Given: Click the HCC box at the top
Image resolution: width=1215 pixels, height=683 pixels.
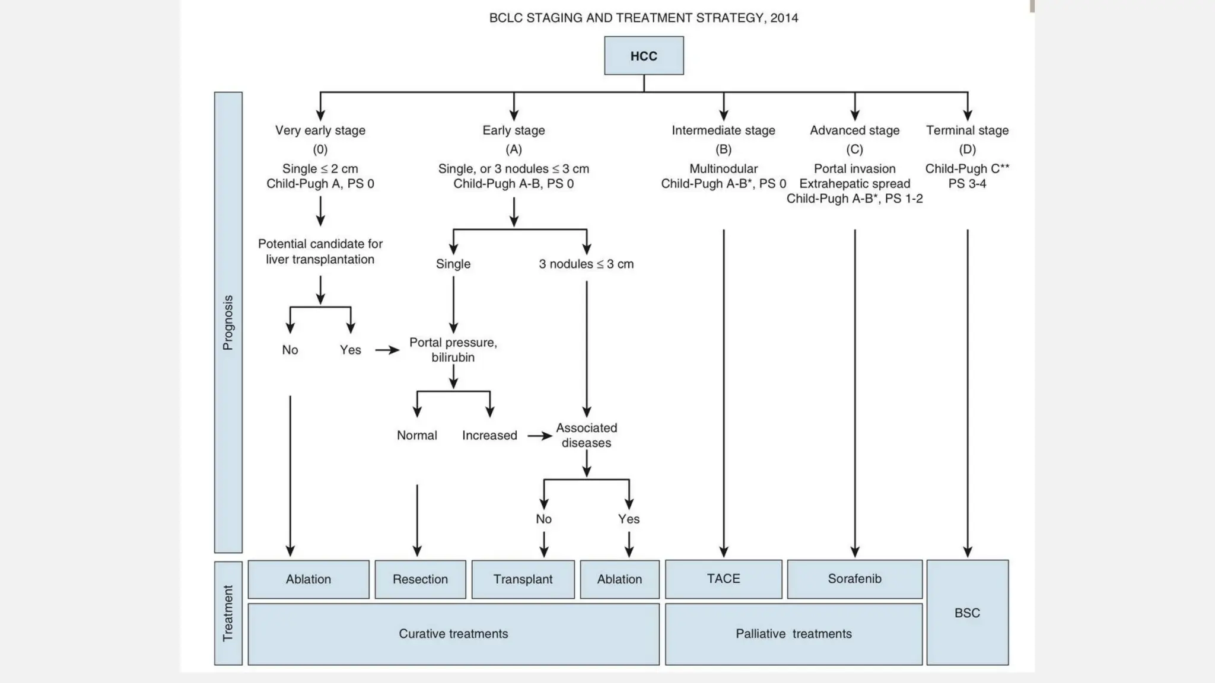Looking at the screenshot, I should (x=644, y=56).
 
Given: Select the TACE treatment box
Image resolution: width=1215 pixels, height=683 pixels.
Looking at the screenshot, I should (x=723, y=579).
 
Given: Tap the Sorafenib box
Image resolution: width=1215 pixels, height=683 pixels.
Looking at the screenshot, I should (x=854, y=579).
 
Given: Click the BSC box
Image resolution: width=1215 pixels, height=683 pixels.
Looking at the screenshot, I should (x=967, y=612).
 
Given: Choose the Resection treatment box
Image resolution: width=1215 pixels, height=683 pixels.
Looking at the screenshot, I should (x=420, y=579).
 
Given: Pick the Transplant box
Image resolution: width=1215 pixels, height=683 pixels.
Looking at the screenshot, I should (x=523, y=579).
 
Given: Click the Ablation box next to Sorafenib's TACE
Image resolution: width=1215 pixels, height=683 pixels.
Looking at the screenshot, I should (x=619, y=579).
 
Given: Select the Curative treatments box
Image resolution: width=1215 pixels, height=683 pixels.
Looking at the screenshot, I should (x=453, y=634).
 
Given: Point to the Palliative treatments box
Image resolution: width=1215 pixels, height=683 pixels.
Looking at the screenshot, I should (x=793, y=634).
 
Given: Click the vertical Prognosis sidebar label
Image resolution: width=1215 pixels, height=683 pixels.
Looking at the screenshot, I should (x=228, y=322).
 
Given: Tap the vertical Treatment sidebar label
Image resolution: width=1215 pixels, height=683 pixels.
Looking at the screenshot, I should (x=228, y=613).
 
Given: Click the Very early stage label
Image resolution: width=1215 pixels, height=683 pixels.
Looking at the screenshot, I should (x=320, y=130).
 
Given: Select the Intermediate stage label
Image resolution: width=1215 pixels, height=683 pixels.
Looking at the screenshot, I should (x=723, y=130).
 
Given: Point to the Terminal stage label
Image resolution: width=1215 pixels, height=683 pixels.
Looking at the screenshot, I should (x=967, y=130).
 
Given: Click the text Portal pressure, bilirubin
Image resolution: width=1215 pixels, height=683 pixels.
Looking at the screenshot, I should (x=453, y=350).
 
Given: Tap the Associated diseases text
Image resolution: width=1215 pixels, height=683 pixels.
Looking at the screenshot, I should (x=586, y=435).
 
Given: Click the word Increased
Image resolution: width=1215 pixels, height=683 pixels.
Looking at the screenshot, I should (x=489, y=436).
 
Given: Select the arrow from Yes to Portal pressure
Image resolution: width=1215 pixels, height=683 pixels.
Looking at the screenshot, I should (x=387, y=350).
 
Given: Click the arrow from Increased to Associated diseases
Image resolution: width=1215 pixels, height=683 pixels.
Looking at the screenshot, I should (x=539, y=436).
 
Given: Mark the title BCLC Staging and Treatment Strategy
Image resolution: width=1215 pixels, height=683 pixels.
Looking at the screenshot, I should (x=643, y=18).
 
